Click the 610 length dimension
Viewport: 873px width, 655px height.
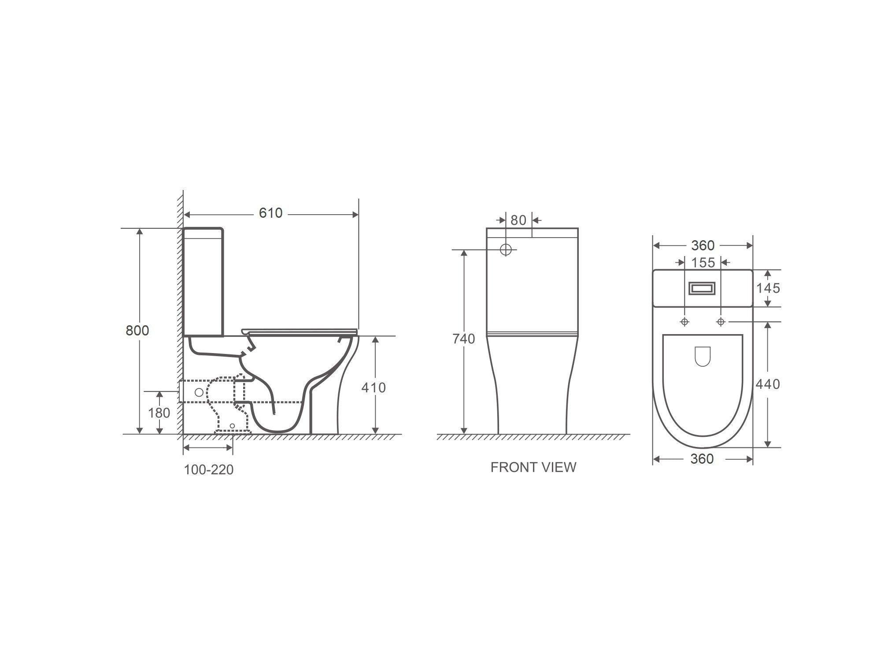point(270,213)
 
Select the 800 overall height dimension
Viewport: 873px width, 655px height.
point(137,330)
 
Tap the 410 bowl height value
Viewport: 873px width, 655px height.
point(374,387)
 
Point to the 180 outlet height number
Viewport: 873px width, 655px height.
point(159,413)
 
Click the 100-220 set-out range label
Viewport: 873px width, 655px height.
point(208,470)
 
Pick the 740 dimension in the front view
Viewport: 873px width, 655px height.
point(464,339)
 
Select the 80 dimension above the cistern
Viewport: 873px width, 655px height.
point(518,220)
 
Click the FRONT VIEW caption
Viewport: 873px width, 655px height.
point(533,467)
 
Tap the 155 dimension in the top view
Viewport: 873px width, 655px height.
point(703,263)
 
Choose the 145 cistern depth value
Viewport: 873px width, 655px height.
point(768,288)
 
